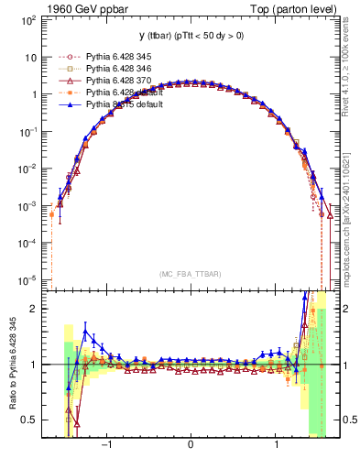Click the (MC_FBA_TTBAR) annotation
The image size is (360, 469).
click(x=190, y=275)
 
